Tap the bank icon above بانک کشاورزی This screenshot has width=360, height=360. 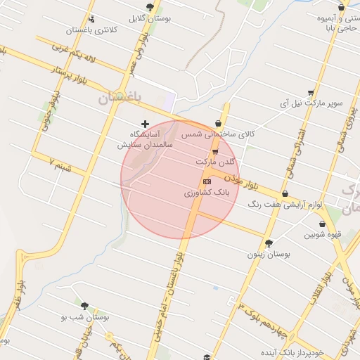point(206,181)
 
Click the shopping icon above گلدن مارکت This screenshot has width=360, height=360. point(215,151)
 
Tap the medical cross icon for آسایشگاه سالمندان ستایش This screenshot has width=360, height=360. point(146,124)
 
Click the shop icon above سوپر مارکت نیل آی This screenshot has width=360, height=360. point(311,92)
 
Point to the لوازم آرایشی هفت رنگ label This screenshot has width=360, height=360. point(285,205)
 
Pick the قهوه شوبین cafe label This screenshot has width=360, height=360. point(327,235)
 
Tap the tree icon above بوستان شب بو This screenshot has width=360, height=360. point(85,307)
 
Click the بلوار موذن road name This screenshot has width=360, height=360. point(243,185)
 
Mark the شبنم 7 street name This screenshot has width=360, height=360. point(62,167)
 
